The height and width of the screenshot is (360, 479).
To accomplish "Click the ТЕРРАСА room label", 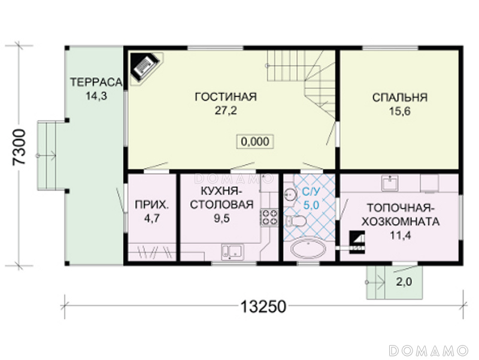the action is (x=96, y=82).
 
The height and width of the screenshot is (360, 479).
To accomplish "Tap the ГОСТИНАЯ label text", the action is (x=226, y=97).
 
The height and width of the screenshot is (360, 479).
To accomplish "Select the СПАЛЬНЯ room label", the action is (x=399, y=98).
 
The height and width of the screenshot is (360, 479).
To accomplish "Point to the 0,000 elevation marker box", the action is (x=255, y=141).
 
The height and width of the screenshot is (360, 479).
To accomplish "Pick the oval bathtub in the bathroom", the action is (x=308, y=249).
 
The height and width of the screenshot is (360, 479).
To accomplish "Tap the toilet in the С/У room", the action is (x=296, y=221).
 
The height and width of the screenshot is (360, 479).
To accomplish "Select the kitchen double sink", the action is (x=232, y=252).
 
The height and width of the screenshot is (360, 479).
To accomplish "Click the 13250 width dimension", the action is (x=263, y=307).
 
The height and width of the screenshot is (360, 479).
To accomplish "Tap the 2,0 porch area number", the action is (x=404, y=282).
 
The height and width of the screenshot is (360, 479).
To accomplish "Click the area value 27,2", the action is (x=226, y=111).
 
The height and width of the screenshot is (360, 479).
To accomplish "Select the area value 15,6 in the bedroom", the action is (x=399, y=111).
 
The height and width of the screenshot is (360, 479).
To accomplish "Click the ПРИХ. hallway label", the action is (x=151, y=205).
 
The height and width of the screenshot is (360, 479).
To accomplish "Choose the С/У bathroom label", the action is (x=311, y=192).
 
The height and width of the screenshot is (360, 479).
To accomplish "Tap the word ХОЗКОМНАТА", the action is (x=401, y=222).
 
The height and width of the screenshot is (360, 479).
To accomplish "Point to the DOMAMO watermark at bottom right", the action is (x=429, y=350).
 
